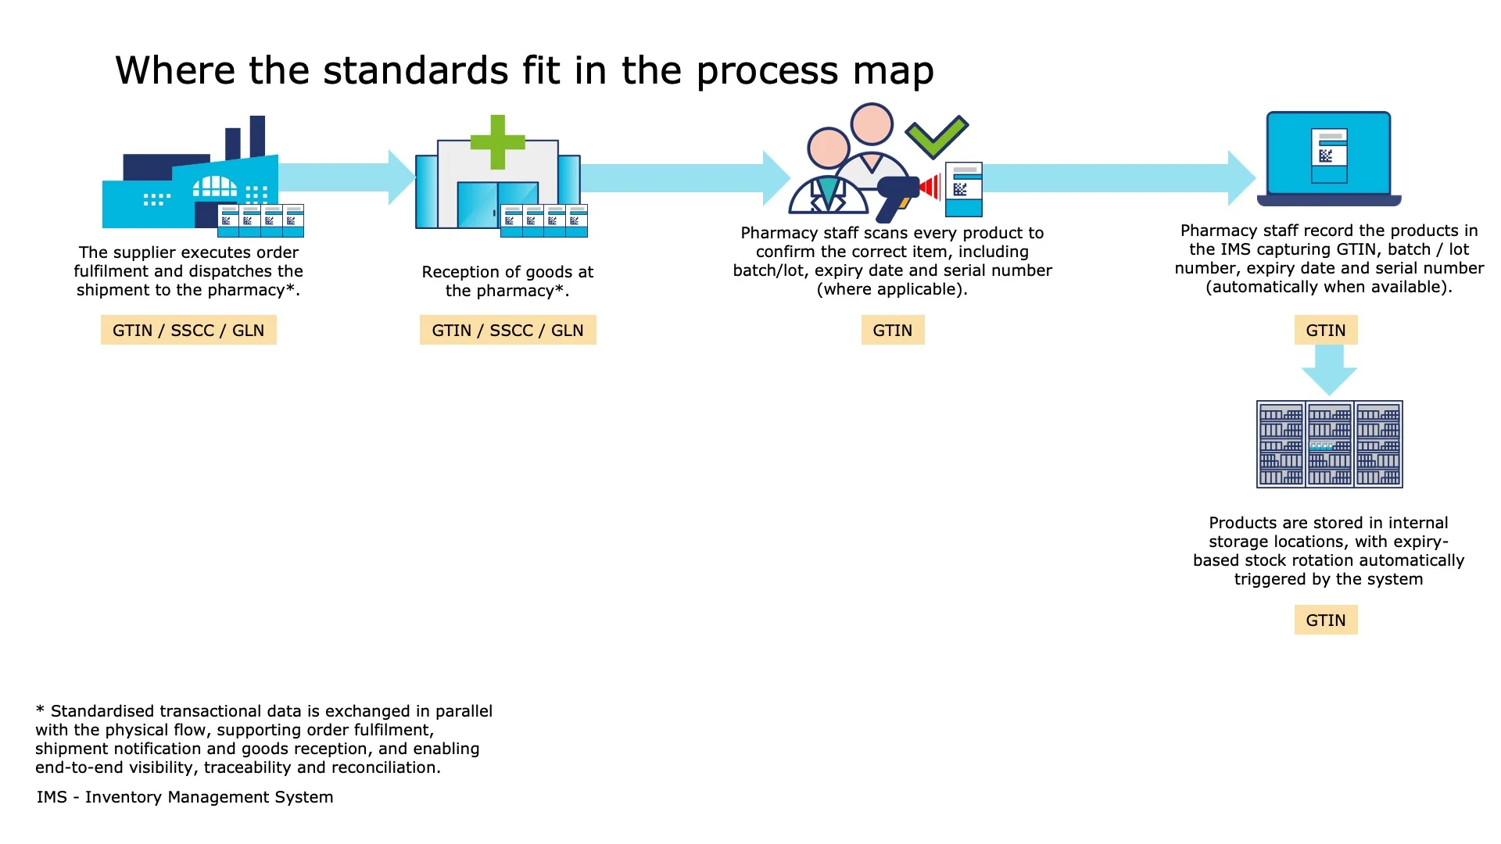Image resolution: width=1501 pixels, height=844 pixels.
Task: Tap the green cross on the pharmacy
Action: (497, 142)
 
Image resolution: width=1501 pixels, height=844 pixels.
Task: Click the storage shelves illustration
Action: (1329, 444)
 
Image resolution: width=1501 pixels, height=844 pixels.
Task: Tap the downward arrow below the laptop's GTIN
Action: (1329, 370)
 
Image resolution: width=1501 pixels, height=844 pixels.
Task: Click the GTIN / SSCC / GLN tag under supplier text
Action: (188, 331)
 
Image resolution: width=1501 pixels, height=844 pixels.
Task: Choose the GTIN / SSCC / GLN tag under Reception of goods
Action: (507, 331)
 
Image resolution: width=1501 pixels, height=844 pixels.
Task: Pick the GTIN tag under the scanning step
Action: (892, 331)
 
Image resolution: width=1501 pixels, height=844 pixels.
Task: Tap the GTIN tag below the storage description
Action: (1325, 620)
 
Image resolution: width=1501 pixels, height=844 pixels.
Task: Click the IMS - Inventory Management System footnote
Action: (184, 797)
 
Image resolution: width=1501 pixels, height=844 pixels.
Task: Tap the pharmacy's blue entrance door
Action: (497, 205)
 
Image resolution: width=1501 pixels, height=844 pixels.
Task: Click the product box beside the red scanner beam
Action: (963, 189)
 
